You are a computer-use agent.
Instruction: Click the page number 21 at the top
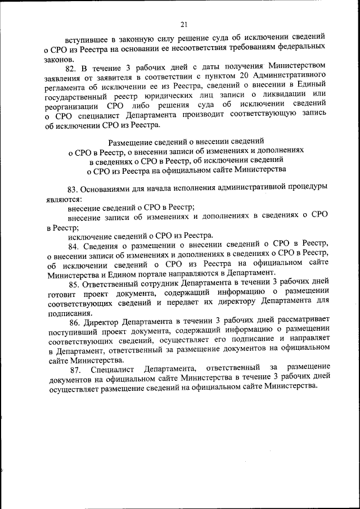(x=184, y=24)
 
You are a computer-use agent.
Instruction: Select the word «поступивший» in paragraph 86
(x=71, y=332)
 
